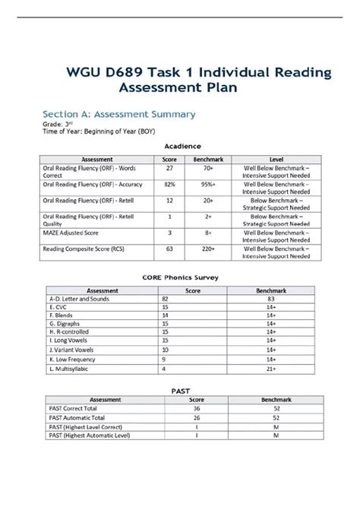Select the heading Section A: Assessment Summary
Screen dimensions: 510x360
click(118, 114)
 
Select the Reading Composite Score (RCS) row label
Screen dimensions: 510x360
click(86, 248)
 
